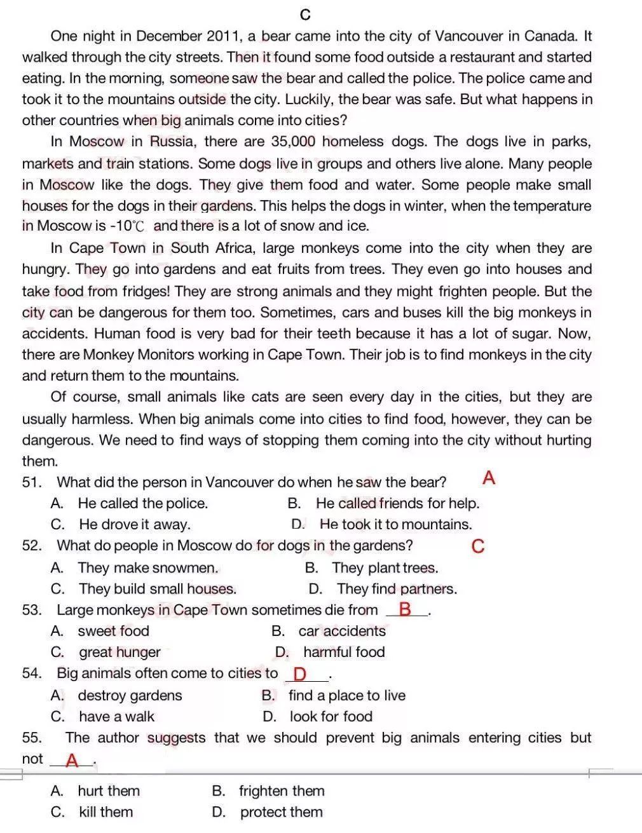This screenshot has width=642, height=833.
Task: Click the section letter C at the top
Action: click(305, 15)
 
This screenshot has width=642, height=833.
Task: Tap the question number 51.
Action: click(32, 482)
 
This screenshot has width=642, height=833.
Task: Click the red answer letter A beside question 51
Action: click(488, 478)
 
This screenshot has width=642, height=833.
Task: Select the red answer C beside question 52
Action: click(478, 546)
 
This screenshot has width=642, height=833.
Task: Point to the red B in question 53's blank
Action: click(405, 610)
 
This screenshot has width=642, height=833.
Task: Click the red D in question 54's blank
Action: click(300, 674)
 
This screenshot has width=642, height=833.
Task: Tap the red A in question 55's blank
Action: click(72, 760)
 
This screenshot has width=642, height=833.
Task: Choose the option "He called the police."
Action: click(142, 503)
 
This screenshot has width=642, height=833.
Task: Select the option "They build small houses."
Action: click(157, 589)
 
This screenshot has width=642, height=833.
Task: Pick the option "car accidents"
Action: click(342, 631)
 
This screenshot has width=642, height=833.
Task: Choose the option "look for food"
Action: click(331, 717)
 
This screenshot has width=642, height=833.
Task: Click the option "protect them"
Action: click(281, 812)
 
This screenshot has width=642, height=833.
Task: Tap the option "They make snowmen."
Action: click(147, 567)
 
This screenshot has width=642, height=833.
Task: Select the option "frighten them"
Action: click(282, 791)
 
